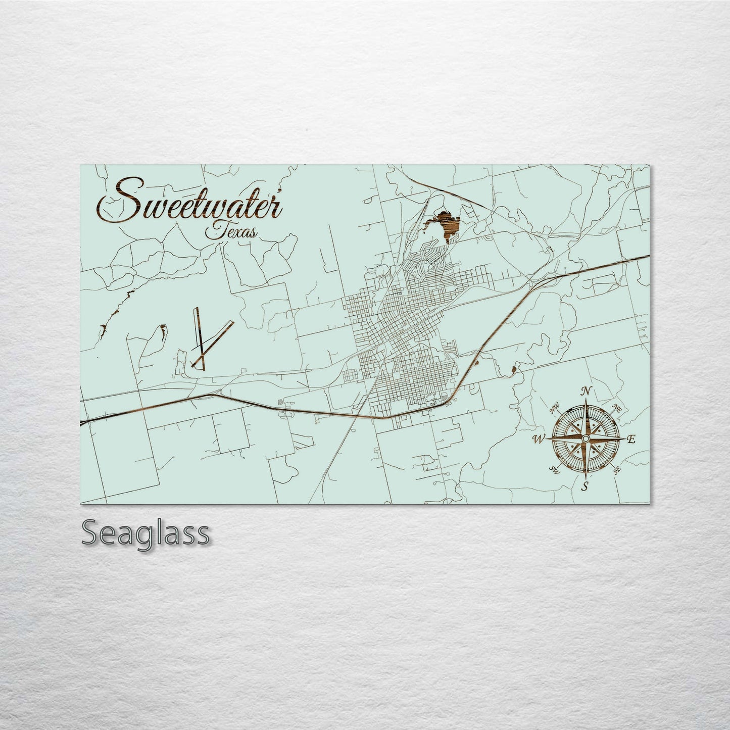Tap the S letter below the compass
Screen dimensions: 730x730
tap(586, 487)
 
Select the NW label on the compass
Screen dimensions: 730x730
tap(554, 407)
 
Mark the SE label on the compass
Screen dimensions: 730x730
tap(617, 470)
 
